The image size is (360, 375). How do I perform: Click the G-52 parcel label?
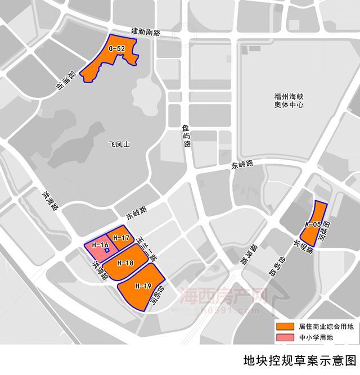[117, 49]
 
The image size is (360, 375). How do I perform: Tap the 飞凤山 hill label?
[119, 144]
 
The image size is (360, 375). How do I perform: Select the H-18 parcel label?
[125, 263]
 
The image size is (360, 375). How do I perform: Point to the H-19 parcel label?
[143, 286]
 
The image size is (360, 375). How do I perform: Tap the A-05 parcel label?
[313, 224]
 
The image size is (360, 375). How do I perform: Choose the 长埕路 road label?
[302, 246]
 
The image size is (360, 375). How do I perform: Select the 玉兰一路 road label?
[147, 248]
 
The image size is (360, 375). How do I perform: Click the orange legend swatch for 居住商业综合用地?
[285, 327]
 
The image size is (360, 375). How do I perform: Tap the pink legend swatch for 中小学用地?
[285, 337]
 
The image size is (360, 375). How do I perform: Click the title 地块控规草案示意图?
[300, 360]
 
